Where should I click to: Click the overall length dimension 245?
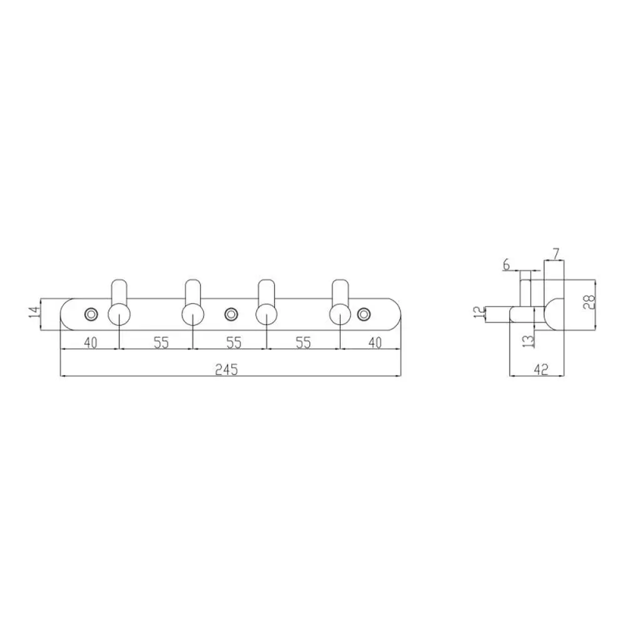(x=226, y=369)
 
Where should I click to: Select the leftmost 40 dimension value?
(x=91, y=342)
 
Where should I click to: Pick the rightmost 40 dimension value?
(x=374, y=342)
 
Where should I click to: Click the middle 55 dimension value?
(x=234, y=342)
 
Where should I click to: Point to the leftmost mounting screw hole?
(x=91, y=314)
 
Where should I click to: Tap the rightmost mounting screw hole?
(x=363, y=314)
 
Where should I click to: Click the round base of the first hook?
(x=119, y=314)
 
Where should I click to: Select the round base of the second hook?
(x=193, y=314)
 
